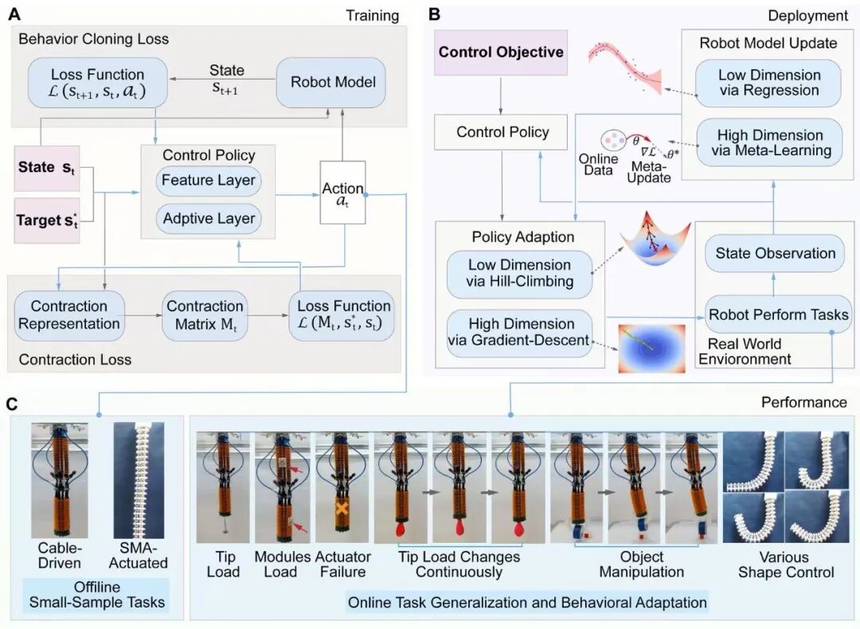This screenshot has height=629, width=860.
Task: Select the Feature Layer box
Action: point(209,180)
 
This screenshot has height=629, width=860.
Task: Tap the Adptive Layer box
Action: point(209,218)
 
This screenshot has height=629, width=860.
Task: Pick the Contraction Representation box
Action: point(69,314)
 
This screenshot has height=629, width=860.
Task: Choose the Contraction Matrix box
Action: point(205,314)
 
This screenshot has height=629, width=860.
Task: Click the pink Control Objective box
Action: point(502,53)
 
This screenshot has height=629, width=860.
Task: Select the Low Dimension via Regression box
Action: point(768,83)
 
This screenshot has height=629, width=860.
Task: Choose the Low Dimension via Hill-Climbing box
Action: point(519,273)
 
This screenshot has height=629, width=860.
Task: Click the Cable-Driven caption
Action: point(60,556)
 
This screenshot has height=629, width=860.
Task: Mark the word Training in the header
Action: point(372,15)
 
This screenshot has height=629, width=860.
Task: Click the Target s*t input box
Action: point(47,221)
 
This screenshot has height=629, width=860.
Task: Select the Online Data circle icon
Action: point(616,141)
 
